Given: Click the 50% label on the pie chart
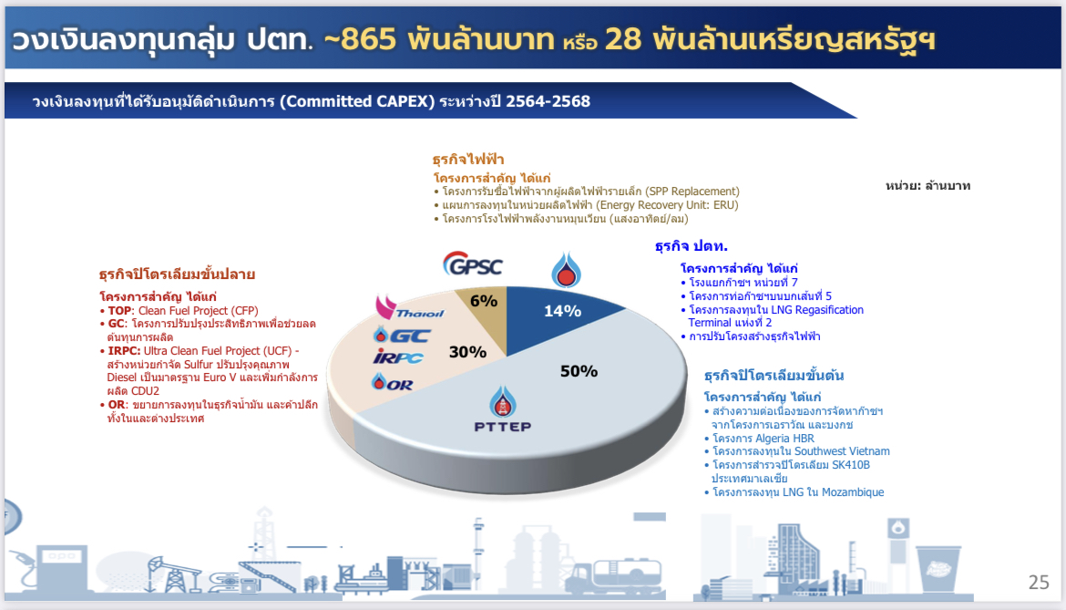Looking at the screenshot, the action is click(579, 371).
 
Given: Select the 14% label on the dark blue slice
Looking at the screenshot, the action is click(562, 312).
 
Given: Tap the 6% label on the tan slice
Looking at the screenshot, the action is click(484, 301).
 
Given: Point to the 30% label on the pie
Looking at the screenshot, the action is click(467, 352).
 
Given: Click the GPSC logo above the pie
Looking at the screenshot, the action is click(473, 264).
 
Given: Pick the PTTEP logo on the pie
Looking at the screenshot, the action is click(502, 408).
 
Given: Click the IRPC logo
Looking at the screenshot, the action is click(398, 357).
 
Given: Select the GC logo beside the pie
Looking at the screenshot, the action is click(402, 335).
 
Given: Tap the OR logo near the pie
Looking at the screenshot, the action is click(393, 383).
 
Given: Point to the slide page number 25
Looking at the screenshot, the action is click(1039, 582).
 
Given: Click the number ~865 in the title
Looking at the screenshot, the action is click(360, 39).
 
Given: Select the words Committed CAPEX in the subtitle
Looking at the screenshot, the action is click(357, 101).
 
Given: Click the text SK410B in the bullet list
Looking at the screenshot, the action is click(851, 465).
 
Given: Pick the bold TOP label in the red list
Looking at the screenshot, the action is click(119, 311).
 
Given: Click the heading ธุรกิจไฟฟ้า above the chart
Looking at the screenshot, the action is click(468, 160).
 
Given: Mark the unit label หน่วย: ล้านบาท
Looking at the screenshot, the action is click(928, 186).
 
